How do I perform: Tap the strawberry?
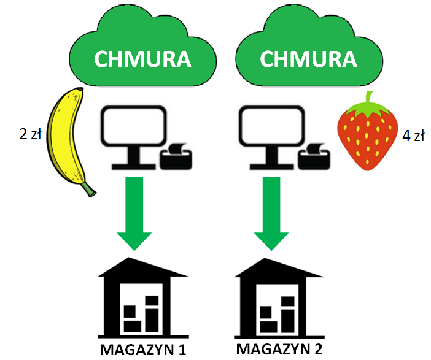(x=367, y=136)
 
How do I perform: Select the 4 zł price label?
(x=413, y=136)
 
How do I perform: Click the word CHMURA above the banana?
(x=141, y=59)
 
